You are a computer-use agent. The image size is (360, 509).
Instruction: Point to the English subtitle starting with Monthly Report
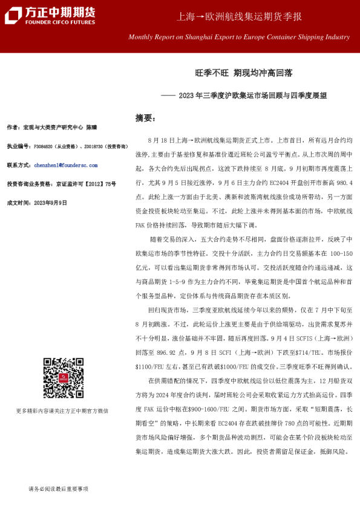click(239, 37)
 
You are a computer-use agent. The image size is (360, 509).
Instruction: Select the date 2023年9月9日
click(51, 203)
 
